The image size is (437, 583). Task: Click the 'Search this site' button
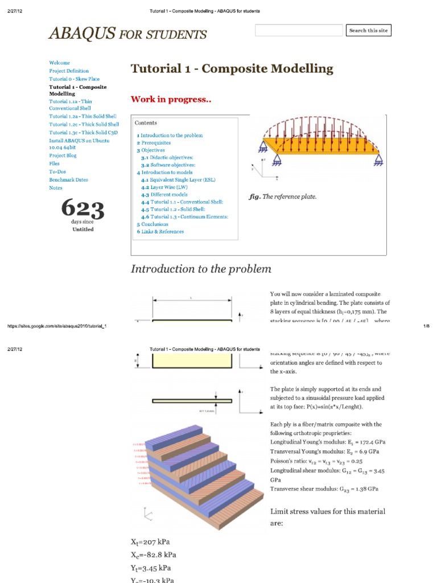coord(369,31)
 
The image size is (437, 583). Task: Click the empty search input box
coord(299,31)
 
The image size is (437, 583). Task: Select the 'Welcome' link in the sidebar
coord(60,63)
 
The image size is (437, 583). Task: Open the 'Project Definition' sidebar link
coord(69,71)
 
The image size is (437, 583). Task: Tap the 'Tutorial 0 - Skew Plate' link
coord(74,79)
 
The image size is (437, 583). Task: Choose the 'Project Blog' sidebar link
coord(63,155)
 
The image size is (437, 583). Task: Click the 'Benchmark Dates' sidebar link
coord(68,180)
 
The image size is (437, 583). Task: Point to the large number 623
coord(83,208)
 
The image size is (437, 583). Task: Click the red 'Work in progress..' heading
coord(171,100)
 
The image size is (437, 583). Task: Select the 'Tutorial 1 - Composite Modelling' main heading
coord(232,69)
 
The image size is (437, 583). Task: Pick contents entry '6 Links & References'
coord(160,232)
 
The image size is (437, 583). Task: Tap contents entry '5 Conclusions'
coord(152,224)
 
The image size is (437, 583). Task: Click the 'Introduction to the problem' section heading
coord(201,269)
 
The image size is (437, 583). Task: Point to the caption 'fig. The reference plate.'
coord(283,197)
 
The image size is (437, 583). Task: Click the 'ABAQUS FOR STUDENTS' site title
coord(127,34)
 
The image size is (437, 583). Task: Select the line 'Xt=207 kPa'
coord(150,543)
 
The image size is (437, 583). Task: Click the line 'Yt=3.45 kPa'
coord(150,568)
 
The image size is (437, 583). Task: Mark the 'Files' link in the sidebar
coord(55,163)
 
